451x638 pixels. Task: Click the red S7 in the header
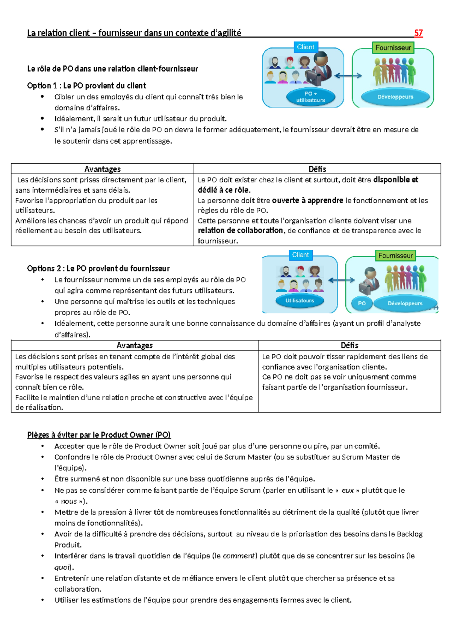coord(418,33)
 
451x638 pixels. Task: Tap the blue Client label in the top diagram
coord(306,47)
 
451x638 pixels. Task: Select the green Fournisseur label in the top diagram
coord(393,48)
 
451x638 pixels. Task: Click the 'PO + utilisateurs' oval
coord(310,97)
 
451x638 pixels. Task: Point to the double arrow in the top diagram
coord(348,76)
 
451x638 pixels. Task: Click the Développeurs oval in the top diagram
coord(395,97)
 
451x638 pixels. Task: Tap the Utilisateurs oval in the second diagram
coord(300,301)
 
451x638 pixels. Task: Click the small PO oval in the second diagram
coord(362,303)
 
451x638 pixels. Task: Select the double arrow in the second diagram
coord(341,280)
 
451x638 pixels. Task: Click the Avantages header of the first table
coord(102,169)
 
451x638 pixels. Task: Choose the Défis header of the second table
coord(349,345)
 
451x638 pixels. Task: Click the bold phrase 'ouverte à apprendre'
coord(307,201)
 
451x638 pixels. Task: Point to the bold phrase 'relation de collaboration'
coord(240,231)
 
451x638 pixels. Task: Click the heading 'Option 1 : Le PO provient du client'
coord(86,86)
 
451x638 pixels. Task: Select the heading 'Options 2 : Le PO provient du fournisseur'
coord(98,269)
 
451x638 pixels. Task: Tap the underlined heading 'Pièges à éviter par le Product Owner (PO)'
coord(99,435)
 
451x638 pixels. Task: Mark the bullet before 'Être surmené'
coord(43,479)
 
